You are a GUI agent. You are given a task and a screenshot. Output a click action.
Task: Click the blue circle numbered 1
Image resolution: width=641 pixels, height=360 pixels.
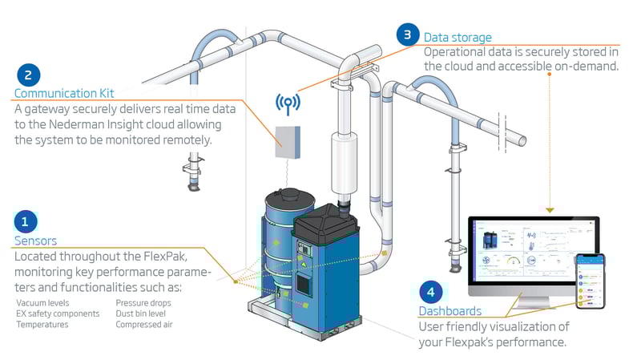(x=25, y=220)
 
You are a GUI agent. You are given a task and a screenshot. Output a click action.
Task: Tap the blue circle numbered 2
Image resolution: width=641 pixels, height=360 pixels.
(x=28, y=76)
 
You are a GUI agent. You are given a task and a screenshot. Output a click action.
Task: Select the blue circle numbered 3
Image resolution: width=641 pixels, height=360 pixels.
(x=407, y=34)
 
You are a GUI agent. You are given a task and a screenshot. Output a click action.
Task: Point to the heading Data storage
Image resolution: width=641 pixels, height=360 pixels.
(x=458, y=37)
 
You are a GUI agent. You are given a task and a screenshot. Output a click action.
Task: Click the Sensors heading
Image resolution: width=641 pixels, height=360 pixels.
(x=35, y=240)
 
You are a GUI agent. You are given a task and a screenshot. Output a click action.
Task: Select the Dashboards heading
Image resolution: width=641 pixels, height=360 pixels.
(x=450, y=310)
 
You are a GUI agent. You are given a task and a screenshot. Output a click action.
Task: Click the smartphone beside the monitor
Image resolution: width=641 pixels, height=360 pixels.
(x=589, y=280)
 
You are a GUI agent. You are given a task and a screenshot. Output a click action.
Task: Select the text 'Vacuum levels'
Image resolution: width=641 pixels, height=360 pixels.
(x=42, y=303)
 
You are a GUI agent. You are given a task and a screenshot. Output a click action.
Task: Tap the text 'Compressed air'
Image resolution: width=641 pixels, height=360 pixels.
(x=143, y=325)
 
